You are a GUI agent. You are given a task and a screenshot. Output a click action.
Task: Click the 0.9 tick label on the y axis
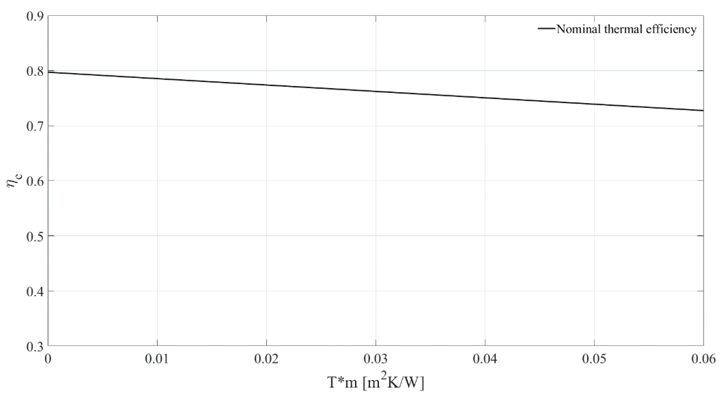coord(35,16)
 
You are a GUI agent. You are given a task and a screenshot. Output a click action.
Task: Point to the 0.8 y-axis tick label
coord(35,71)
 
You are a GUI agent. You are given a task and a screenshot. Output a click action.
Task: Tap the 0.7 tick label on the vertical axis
coord(35,126)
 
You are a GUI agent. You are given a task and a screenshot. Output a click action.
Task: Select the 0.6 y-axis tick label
coord(35,181)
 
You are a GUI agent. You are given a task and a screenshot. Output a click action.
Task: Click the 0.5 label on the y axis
coord(35,236)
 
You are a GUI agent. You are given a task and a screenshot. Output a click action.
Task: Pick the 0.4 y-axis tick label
coord(35,291)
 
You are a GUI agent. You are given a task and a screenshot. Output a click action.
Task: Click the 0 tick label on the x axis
coord(48,359)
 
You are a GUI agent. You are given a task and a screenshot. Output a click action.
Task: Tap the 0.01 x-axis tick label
coord(157,359)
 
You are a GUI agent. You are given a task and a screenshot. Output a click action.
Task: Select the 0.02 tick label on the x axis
coord(266,359)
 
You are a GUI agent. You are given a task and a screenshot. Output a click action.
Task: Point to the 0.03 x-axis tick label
coord(376,359)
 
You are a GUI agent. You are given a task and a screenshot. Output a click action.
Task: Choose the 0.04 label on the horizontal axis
coord(485,359)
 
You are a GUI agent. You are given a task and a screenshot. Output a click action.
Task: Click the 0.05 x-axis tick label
coord(594,359)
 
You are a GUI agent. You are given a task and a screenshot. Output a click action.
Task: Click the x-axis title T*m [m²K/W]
coord(376,383)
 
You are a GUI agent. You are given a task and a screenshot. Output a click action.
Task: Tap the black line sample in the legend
coord(547,29)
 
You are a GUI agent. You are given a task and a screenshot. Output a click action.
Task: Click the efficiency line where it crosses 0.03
coord(376,92)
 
